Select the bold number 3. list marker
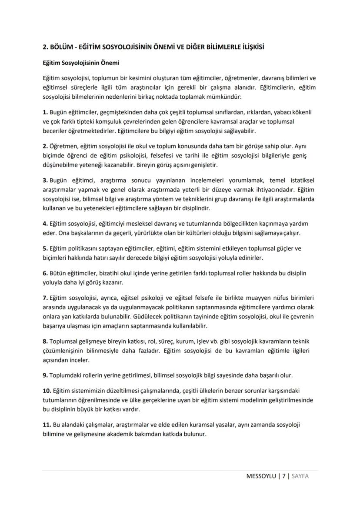pos(45,180)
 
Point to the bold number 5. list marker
pos(45,248)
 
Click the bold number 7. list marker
pos(45,298)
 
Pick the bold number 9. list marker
pos(45,375)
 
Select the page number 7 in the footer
pos(283,476)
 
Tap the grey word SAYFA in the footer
pos(300,476)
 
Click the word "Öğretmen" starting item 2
pos(64,146)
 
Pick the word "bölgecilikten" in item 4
pos(216,224)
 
